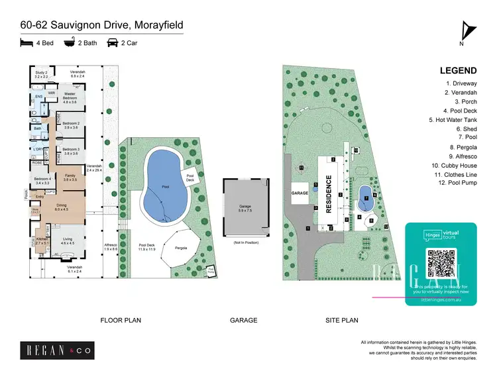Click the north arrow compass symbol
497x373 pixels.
(467, 32)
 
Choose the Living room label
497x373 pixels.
(68, 242)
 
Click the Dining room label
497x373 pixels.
(62, 207)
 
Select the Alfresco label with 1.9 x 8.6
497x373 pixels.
(111, 247)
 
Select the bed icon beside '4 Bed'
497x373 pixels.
(27, 43)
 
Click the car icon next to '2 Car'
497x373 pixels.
(113, 43)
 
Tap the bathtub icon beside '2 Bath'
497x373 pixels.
(69, 43)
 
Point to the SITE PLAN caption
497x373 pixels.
(341, 320)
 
